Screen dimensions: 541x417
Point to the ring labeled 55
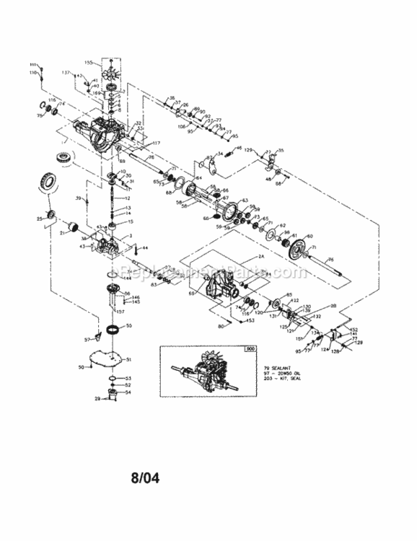coord(113,330)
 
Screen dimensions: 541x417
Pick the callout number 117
coord(156,142)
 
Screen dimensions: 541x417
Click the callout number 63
coord(245,201)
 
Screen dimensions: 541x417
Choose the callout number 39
coord(78,198)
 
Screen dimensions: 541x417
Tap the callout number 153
coord(250,320)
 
